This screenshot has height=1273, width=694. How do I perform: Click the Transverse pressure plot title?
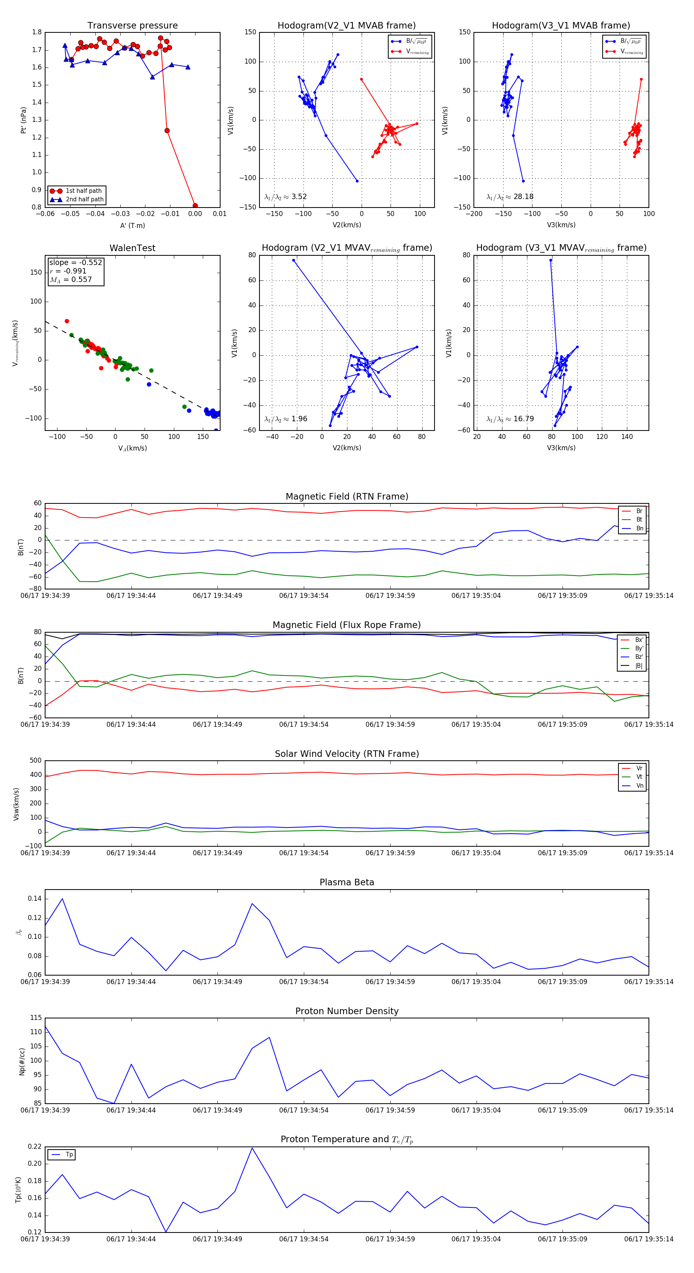(x=132, y=26)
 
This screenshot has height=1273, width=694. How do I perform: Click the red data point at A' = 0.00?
(x=195, y=206)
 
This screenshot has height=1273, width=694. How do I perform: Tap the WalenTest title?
(x=132, y=248)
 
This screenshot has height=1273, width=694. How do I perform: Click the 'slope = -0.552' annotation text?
(x=76, y=262)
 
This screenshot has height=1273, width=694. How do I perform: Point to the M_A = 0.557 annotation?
(x=71, y=280)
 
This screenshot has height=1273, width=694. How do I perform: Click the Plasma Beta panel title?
(x=347, y=882)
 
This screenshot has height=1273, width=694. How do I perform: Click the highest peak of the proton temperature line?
(x=252, y=1148)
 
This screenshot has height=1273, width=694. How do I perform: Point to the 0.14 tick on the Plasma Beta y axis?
(x=35, y=898)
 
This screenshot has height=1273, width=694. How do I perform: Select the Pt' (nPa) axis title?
(x=23, y=120)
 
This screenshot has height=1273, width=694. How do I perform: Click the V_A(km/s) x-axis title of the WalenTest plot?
(x=132, y=448)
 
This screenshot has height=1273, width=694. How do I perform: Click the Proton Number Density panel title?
(x=347, y=1011)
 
